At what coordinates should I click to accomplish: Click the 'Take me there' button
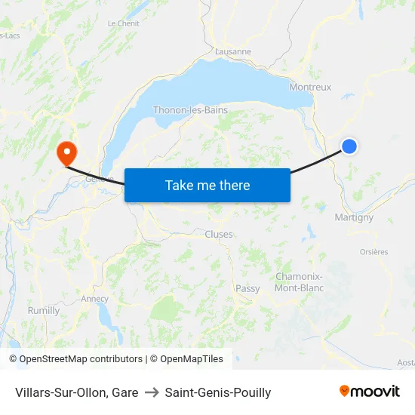tap(207, 185)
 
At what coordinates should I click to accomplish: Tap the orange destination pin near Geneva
tap(66, 152)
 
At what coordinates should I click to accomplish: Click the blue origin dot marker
tap(349, 146)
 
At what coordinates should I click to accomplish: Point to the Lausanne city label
tap(233, 51)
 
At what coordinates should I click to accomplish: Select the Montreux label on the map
tap(310, 88)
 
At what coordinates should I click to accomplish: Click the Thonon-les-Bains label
tap(190, 110)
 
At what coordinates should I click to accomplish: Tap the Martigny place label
tap(353, 217)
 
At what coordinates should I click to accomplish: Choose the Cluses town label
tap(219, 234)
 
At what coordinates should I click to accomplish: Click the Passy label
tap(247, 288)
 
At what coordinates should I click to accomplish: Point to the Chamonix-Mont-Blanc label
tap(300, 282)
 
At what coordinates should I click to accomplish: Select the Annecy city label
tap(95, 299)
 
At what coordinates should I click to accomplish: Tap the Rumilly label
tap(43, 310)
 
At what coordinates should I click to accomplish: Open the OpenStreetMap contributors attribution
tap(75, 359)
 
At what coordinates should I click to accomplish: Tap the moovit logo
tap(369, 391)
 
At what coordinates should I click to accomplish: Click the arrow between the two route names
tap(151, 392)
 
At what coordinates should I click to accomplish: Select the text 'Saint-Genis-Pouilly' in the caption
tap(217, 392)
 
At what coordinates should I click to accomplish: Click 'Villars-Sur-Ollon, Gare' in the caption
tap(76, 392)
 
